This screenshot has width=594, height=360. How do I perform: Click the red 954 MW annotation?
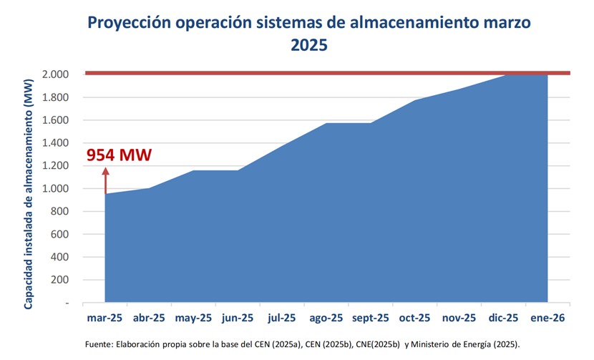119,155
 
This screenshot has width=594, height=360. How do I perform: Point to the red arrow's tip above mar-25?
105,168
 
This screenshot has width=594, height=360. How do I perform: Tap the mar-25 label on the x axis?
105,318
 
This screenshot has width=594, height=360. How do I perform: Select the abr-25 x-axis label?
150,318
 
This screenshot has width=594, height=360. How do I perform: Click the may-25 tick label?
194,318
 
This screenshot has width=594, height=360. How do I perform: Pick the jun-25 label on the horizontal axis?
238,318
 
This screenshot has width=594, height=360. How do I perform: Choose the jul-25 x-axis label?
281,318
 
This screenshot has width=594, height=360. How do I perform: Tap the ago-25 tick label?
326,318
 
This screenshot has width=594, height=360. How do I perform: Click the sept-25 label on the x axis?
370,318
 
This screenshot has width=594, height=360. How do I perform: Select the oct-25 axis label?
415,318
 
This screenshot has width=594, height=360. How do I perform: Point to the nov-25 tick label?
459,318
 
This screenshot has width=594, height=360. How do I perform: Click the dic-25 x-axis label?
504,318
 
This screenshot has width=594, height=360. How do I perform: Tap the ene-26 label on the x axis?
548,318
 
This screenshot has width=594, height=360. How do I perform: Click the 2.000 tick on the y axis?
55,74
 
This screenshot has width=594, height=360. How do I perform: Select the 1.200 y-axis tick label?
55,166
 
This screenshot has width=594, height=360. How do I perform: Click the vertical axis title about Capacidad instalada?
29,189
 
